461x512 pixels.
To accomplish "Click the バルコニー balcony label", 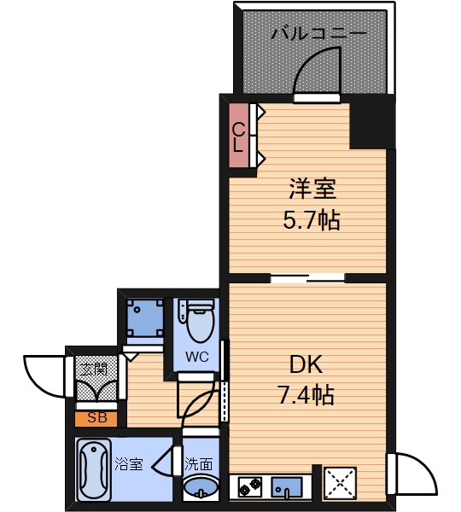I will click(319, 34).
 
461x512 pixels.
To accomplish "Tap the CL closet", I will click(239, 136).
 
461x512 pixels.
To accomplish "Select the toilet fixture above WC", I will click(197, 320).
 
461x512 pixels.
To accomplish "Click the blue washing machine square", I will click(143, 317).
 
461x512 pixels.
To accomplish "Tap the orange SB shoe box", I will click(96, 418).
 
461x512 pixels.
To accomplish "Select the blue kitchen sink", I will click(286, 487).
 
